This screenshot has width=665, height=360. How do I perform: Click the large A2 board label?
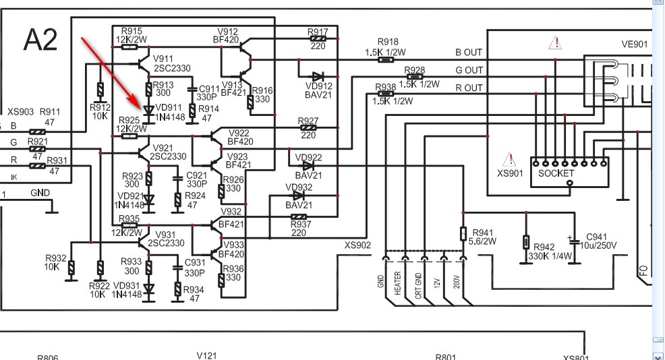[x=40, y=40]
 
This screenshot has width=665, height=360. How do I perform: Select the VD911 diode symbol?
[x=148, y=111]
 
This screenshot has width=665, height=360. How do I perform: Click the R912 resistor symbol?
[x=100, y=90]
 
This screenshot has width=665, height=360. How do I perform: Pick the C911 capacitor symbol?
[x=192, y=90]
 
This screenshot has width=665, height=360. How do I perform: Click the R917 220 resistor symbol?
[x=318, y=38]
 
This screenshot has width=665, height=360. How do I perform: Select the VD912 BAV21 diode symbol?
[x=318, y=77]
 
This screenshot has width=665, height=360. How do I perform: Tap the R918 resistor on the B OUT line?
[x=385, y=60]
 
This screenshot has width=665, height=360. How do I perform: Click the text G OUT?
[x=469, y=70]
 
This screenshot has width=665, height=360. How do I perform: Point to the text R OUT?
[x=469, y=88]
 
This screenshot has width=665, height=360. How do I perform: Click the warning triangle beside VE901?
[x=555, y=43]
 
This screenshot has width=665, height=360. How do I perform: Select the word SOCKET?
[x=556, y=173]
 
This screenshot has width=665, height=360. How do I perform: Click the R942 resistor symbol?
[x=526, y=243]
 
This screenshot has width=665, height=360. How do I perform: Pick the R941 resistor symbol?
[x=463, y=234]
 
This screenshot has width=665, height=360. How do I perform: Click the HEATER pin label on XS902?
[x=397, y=283]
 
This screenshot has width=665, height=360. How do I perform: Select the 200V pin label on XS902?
[x=457, y=282]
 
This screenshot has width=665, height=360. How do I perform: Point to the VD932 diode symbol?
[x=299, y=196]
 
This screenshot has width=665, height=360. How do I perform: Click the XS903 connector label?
[x=20, y=112]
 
